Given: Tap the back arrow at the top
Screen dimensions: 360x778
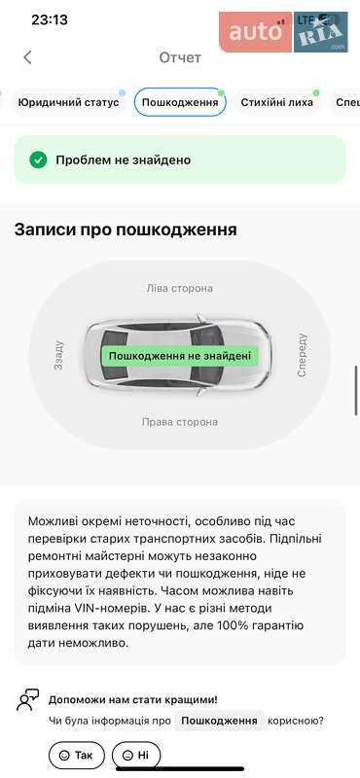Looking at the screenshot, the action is pyautogui.click(x=27, y=57).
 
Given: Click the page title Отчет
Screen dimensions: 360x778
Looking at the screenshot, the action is pyautogui.click(x=180, y=57).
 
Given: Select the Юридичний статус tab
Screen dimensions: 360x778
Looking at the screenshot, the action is pyautogui.click(x=68, y=102).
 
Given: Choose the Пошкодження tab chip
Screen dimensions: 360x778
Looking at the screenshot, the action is pyautogui.click(x=180, y=102).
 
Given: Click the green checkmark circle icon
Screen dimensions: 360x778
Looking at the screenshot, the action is pyautogui.click(x=38, y=159).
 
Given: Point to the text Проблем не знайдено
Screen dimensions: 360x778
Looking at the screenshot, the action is pyautogui.click(x=123, y=159).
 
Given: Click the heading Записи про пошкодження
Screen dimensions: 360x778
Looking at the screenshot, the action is pyautogui.click(x=126, y=230).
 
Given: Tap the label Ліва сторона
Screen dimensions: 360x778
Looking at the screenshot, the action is pyautogui.click(x=179, y=288).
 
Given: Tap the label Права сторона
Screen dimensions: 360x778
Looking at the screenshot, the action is pyautogui.click(x=179, y=422).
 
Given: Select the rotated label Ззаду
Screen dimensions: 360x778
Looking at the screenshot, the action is pyautogui.click(x=59, y=355).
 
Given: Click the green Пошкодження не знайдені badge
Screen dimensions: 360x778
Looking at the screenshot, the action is pyautogui.click(x=180, y=356).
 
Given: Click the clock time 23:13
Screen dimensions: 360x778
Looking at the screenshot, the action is pyautogui.click(x=50, y=19).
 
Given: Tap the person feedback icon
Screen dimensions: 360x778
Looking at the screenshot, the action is pyautogui.click(x=28, y=700).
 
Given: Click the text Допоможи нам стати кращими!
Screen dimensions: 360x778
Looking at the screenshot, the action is pyautogui.click(x=133, y=699).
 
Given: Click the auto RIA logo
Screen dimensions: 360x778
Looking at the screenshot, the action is pyautogui.click(x=283, y=33).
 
